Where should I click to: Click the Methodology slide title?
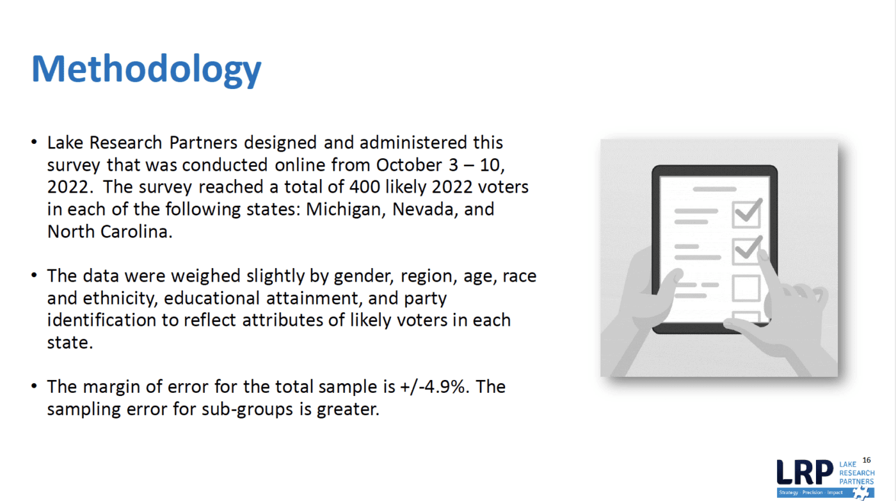(x=146, y=69)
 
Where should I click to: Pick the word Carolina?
(x=136, y=232)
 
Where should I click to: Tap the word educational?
(x=212, y=298)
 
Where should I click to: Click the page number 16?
(x=867, y=460)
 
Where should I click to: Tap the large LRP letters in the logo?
(x=805, y=472)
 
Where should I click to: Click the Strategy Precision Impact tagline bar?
(x=825, y=492)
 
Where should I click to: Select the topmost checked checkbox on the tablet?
(x=747, y=214)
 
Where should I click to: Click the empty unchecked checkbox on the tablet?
(x=746, y=288)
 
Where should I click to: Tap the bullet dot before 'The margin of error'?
(x=34, y=386)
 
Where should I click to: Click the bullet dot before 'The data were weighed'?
(x=34, y=275)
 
